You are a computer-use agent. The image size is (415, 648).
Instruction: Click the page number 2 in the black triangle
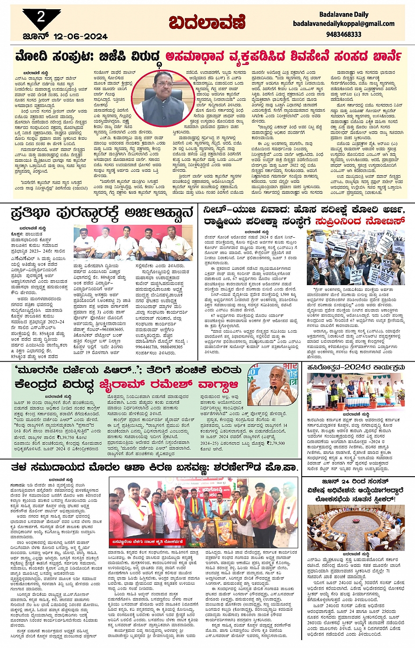pyautogui.click(x=41, y=17)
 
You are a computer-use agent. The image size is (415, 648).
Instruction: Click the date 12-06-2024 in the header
pyautogui.click(x=80, y=36)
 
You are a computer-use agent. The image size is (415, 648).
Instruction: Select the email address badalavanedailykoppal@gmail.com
pyautogui.click(x=343, y=24)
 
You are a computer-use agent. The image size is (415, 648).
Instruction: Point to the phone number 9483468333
pyautogui.click(x=343, y=34)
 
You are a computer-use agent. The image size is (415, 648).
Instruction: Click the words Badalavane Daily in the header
pyautogui.click(x=343, y=14)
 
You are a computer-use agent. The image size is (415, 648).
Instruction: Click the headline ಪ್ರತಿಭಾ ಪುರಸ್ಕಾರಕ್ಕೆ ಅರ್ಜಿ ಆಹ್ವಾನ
pyautogui.click(x=102, y=214)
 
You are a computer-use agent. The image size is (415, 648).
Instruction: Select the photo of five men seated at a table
pyautogui.click(x=133, y=243)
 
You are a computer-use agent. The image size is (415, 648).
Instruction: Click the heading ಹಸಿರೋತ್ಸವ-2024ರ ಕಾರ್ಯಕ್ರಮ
pyautogui.click(x=355, y=367)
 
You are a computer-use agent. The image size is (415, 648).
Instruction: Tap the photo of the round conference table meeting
pyautogui.click(x=356, y=527)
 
